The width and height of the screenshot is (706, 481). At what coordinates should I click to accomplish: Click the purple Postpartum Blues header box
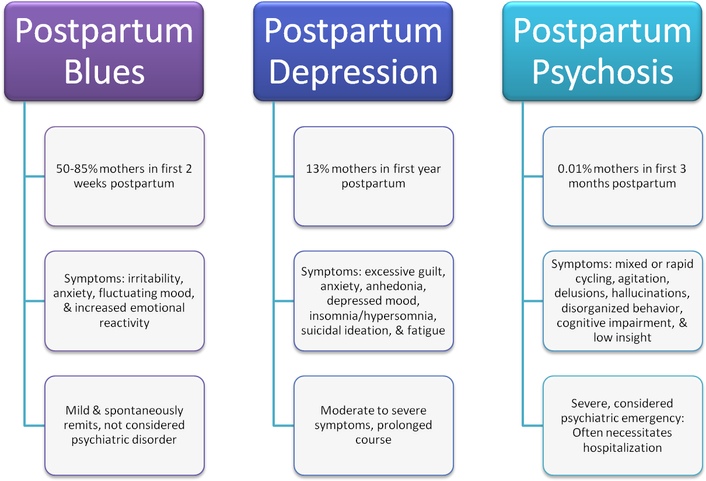tap(104, 51)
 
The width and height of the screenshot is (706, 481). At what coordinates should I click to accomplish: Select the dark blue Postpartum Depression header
tap(353, 51)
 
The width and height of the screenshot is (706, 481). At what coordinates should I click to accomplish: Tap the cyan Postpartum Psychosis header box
tap(602, 51)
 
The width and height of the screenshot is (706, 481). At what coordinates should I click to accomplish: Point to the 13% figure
tap(316, 169)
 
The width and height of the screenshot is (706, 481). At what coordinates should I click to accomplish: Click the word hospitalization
tap(623, 448)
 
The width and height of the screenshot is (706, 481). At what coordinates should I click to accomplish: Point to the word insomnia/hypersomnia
tap(373, 316)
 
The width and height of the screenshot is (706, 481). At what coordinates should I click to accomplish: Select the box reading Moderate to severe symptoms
tap(373, 425)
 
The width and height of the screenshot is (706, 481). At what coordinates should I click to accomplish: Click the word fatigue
tap(427, 330)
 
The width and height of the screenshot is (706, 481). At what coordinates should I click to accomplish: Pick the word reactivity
tap(124, 323)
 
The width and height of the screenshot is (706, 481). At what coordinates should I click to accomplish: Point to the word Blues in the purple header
tap(104, 74)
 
